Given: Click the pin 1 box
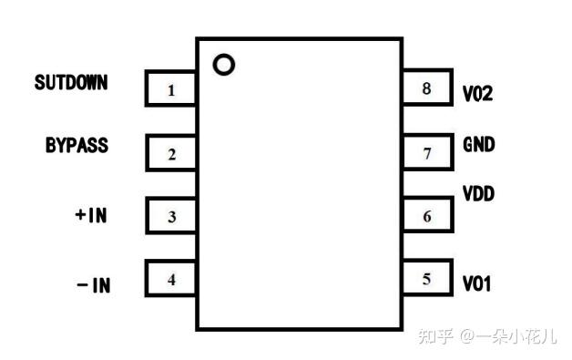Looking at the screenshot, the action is [x=171, y=89].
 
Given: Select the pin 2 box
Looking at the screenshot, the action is [x=171, y=153].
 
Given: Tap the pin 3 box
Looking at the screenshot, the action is [x=171, y=217].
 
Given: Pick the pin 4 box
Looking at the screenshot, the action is [x=171, y=280].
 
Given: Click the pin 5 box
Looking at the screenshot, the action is [x=427, y=279].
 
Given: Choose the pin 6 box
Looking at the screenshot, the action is [x=427, y=217].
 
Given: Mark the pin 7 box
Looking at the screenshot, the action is [x=427, y=153].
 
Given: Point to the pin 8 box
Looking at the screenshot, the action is [x=427, y=89].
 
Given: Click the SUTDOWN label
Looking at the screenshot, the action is [x=71, y=83].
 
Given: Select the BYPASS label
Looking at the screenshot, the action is [x=77, y=145].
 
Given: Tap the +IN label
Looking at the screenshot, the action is [x=91, y=216].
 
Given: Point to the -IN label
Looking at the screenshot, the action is [x=93, y=285].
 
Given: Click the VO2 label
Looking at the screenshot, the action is [x=477, y=93].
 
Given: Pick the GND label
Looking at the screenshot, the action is [x=479, y=144].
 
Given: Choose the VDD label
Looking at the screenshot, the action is [x=479, y=194].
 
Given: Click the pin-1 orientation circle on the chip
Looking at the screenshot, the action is [x=223, y=65].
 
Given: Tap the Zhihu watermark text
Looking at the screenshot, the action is [x=486, y=336].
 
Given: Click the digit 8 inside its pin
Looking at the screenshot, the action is [x=426, y=89].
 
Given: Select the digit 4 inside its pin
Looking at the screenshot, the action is [x=171, y=280].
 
